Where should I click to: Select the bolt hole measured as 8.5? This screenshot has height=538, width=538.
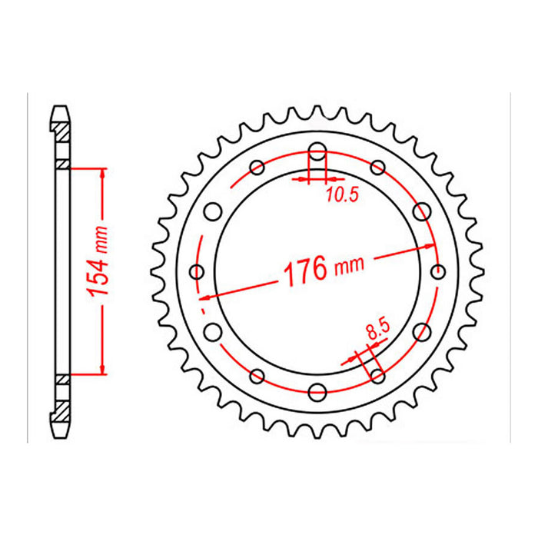pyautogui.click(x=377, y=375)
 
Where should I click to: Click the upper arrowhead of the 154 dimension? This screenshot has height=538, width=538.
pyautogui.click(x=101, y=171)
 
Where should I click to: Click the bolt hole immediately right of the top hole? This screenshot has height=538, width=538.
pyautogui.click(x=377, y=167)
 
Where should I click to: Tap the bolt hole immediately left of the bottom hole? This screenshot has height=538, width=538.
pyautogui.click(x=256, y=376)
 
